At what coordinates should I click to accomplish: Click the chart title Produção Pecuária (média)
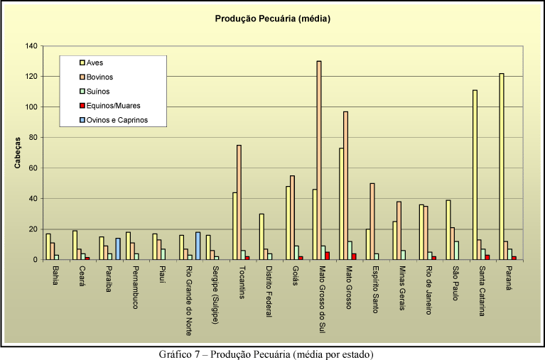point(273,19)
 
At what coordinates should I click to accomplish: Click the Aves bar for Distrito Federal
point(261,236)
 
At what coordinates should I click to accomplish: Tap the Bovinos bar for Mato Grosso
point(345,185)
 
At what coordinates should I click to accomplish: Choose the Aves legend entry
point(95,63)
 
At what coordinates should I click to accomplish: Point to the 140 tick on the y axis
point(31,46)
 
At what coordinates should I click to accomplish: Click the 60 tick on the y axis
point(33,168)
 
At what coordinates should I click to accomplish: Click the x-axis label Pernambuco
point(134,288)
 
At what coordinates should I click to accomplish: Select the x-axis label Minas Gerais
point(401,291)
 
